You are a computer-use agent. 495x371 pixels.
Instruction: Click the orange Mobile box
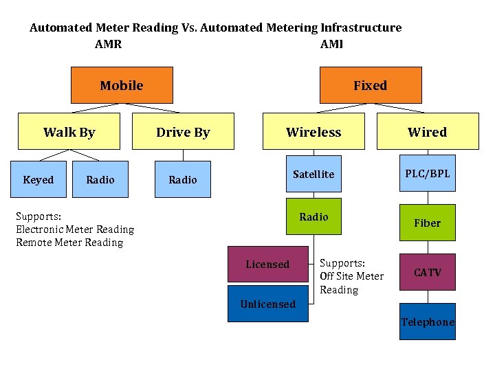[x=122, y=85]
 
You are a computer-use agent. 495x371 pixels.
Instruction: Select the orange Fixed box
[x=371, y=85]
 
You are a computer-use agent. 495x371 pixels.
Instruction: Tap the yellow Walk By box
[x=69, y=132]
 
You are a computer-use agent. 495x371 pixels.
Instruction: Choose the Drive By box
[x=183, y=132]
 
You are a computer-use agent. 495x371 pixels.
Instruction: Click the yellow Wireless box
[x=313, y=132]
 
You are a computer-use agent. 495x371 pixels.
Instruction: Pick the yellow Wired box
[x=427, y=132]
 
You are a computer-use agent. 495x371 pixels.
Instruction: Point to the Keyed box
[x=38, y=179]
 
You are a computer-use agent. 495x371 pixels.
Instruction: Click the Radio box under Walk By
[x=100, y=179]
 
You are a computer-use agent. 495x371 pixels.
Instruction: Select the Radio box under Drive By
[x=183, y=179]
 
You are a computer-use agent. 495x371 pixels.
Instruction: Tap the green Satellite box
[x=313, y=175]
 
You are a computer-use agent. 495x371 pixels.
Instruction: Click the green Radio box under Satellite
[x=313, y=217]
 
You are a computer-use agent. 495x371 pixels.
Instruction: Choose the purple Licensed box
[x=268, y=265]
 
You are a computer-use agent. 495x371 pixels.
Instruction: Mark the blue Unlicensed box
[x=268, y=304]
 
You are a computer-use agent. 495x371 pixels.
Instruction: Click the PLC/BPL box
[x=427, y=175]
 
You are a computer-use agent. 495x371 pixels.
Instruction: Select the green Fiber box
[x=427, y=223]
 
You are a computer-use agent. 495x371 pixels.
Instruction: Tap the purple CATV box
[x=427, y=272]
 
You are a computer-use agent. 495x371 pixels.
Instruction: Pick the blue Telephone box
[x=428, y=322]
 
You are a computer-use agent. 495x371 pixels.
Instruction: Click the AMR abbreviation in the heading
[x=108, y=45]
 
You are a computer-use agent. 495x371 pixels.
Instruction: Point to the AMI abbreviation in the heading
[x=331, y=45]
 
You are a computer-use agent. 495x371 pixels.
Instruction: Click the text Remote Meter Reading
[x=69, y=243]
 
